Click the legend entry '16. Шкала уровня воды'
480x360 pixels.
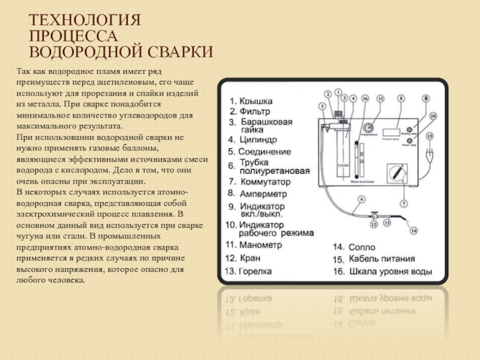(x=382, y=272)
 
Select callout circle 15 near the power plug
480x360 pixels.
(x=429, y=136)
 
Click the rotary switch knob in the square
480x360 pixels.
(x=396, y=173)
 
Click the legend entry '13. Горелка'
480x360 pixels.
(x=249, y=271)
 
